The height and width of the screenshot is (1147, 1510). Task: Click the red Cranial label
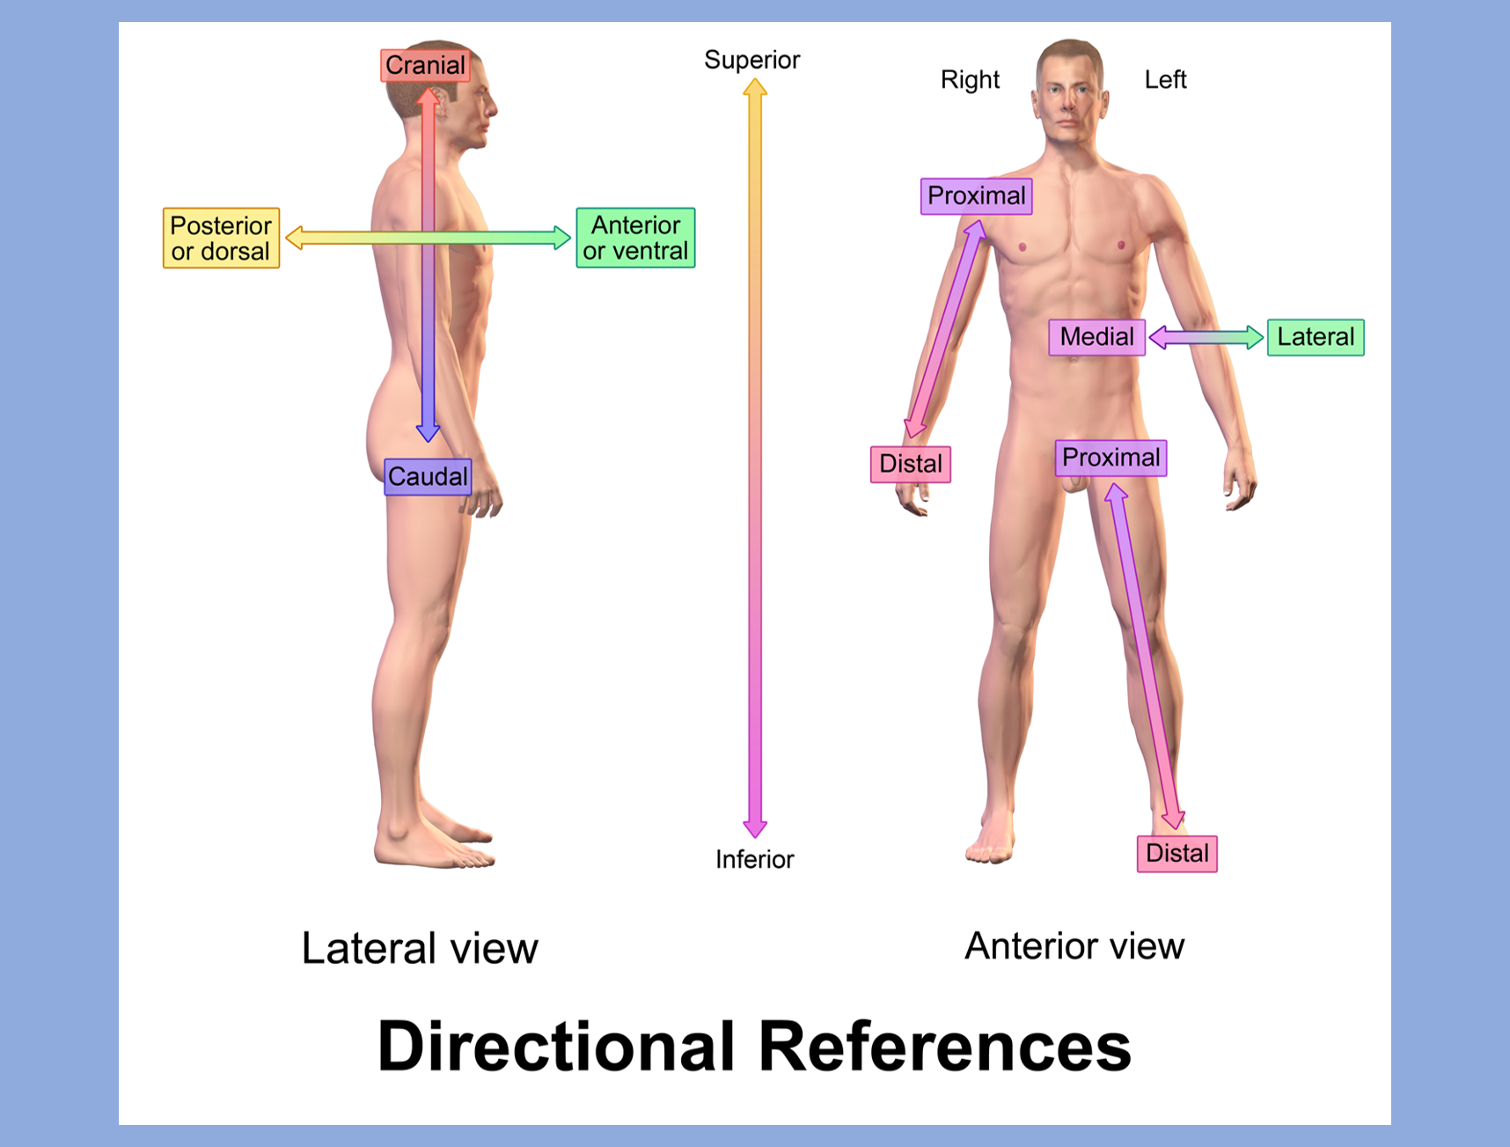coord(425,65)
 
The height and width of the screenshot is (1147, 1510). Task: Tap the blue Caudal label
coord(428,477)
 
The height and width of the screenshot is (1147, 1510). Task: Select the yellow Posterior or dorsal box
coord(221,238)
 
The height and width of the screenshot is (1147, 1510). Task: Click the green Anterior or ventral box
coord(635,238)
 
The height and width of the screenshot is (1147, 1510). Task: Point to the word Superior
coord(751,60)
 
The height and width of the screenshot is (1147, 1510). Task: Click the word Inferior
coord(754,859)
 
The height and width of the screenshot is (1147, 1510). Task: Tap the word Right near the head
coord(970,80)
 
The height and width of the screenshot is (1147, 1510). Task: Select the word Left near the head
coord(1165,80)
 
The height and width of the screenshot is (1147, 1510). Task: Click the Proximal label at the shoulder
coord(976,195)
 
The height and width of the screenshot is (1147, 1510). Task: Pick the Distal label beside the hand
coord(910,464)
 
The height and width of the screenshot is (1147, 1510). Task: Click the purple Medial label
coord(1096,337)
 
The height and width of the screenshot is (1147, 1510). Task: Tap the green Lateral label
coord(1316,337)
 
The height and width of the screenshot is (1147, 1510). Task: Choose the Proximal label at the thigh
coord(1111,458)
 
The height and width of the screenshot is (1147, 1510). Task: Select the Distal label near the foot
coord(1176,854)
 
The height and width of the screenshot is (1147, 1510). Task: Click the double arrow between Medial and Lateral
coord(1206,337)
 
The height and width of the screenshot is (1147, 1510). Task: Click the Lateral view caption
coord(419,949)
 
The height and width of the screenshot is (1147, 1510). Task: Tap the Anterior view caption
coord(1074,946)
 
